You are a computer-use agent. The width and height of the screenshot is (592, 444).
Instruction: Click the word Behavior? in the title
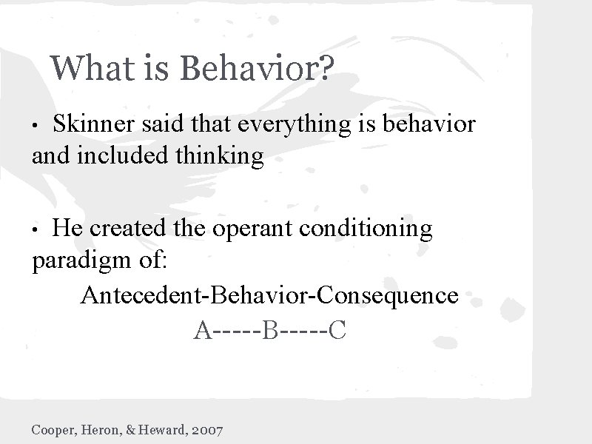click(x=258, y=69)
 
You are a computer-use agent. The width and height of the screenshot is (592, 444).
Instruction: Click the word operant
click(x=254, y=229)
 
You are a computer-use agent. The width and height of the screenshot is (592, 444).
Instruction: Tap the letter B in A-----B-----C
click(x=270, y=329)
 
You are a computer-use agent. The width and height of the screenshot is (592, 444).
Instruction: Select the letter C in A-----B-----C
click(x=337, y=329)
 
